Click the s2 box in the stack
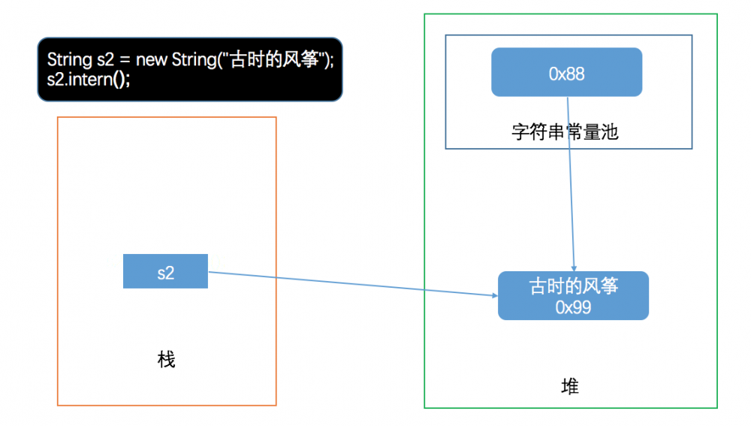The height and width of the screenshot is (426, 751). point(165,272)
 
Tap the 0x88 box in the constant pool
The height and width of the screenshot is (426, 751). point(566,73)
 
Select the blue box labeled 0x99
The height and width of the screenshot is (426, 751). point(572,295)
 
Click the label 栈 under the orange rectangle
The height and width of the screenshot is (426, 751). point(166,360)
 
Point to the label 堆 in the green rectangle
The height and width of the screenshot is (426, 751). point(570,387)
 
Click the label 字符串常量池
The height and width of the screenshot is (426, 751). point(565,132)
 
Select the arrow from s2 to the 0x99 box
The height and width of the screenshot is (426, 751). point(353,284)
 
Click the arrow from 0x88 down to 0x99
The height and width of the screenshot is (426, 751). point(571,188)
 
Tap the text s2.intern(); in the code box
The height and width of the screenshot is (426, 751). point(89,79)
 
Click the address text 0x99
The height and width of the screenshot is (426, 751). point(573,307)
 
